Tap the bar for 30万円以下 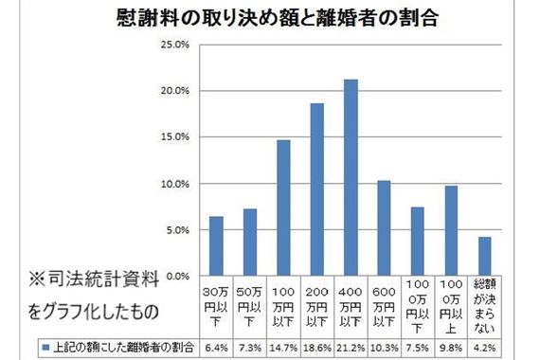click(216, 246)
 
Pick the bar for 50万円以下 click(250, 243)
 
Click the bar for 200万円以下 click(317, 189)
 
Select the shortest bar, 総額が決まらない click(485, 257)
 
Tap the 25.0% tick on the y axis click(177, 45)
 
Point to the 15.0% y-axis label click(177, 137)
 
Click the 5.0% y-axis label click(177, 230)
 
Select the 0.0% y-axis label click(177, 276)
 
